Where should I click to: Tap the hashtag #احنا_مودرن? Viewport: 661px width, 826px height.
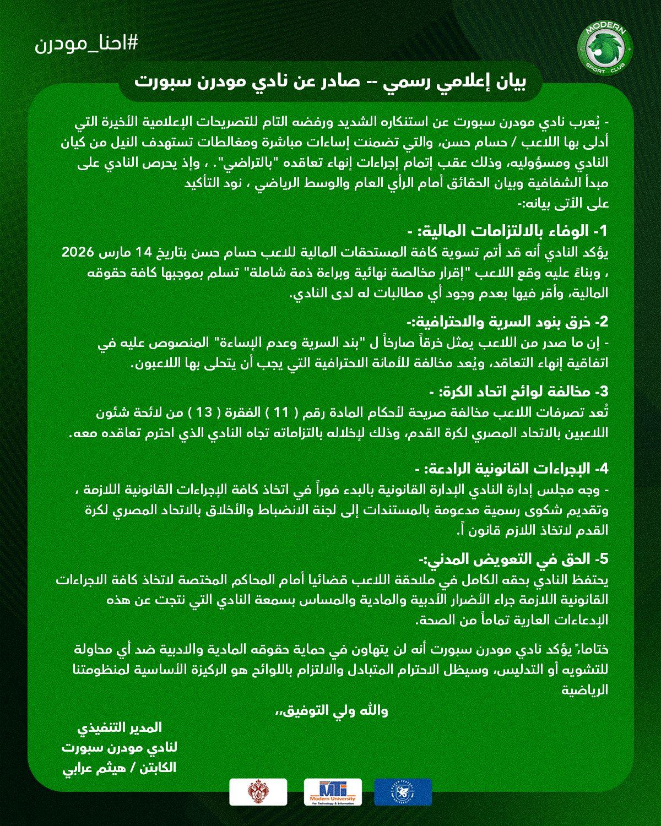(86, 45)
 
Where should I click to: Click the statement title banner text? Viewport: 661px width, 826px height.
(330, 83)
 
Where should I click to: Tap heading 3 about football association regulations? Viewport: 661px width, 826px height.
(518, 392)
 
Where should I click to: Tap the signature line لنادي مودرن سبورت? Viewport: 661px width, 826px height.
(119, 748)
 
